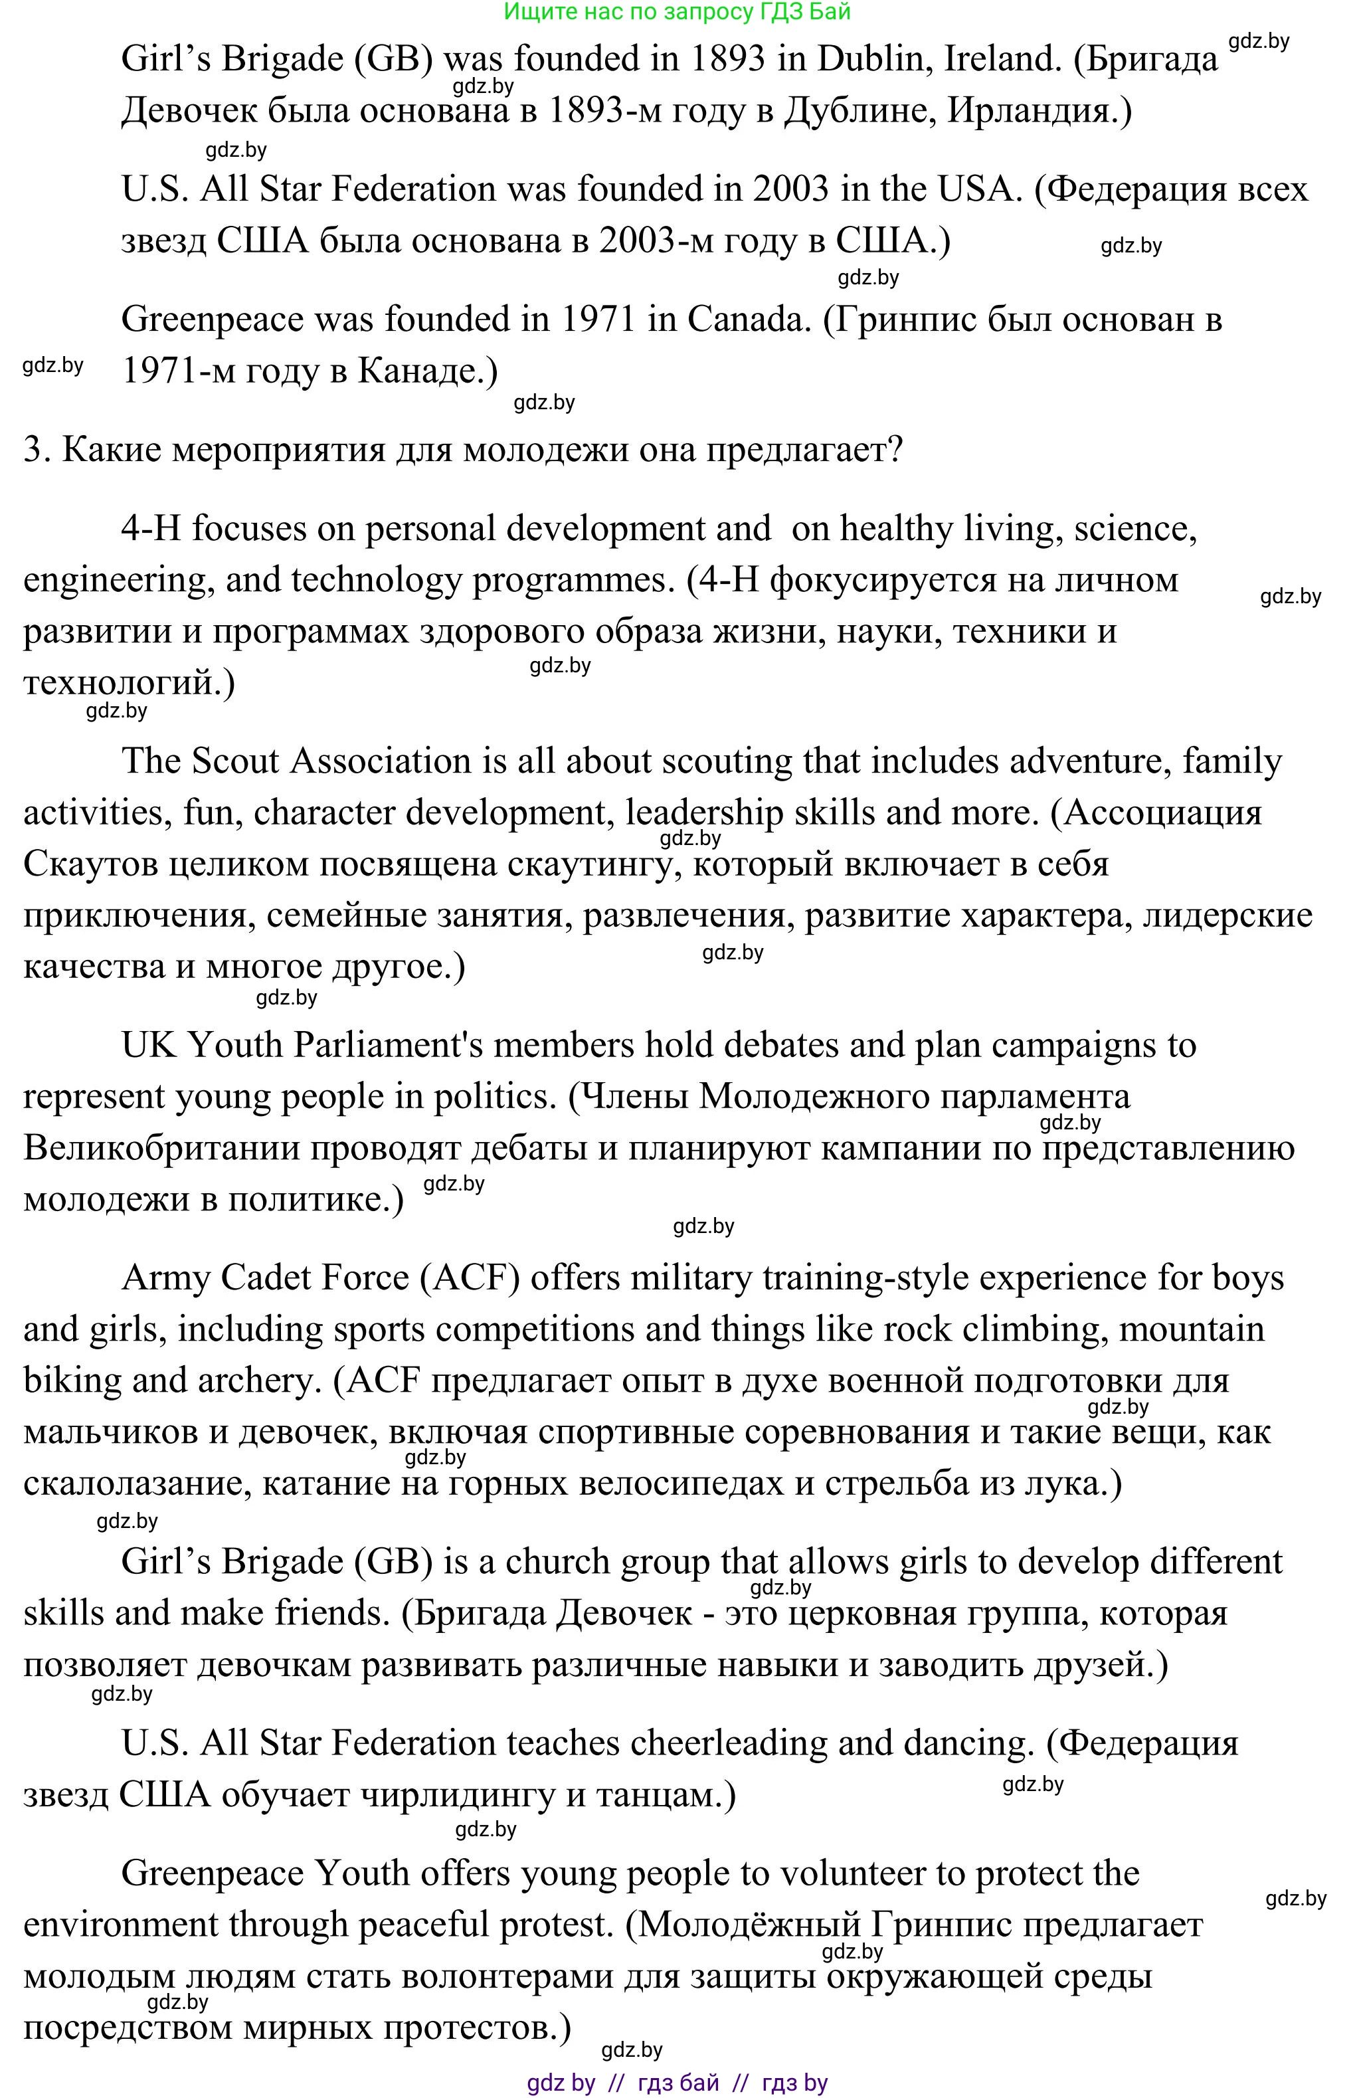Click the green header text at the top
(677, 11)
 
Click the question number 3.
(33, 450)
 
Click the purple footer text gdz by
(561, 2082)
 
